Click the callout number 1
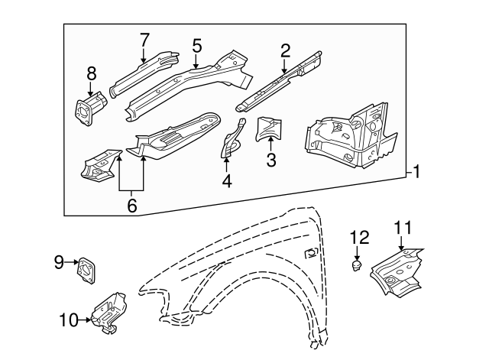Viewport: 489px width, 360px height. tap(417, 172)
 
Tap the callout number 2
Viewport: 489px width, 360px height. tap(285, 50)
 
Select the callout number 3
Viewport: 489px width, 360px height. tap(270, 160)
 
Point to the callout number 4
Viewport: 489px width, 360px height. tap(226, 181)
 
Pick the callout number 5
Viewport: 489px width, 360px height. tap(196, 45)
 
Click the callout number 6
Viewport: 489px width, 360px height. tap(132, 206)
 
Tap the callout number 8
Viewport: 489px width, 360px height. tap(92, 73)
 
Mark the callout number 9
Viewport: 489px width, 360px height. tap(58, 263)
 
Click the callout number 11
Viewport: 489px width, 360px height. tap(402, 227)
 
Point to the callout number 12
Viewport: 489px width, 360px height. tap(359, 237)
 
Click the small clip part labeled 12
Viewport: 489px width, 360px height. tap(356, 265)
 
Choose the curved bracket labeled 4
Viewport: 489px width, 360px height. tap(232, 140)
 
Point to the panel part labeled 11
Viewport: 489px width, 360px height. tap(397, 274)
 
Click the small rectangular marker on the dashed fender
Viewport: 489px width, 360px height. tap(311, 254)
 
